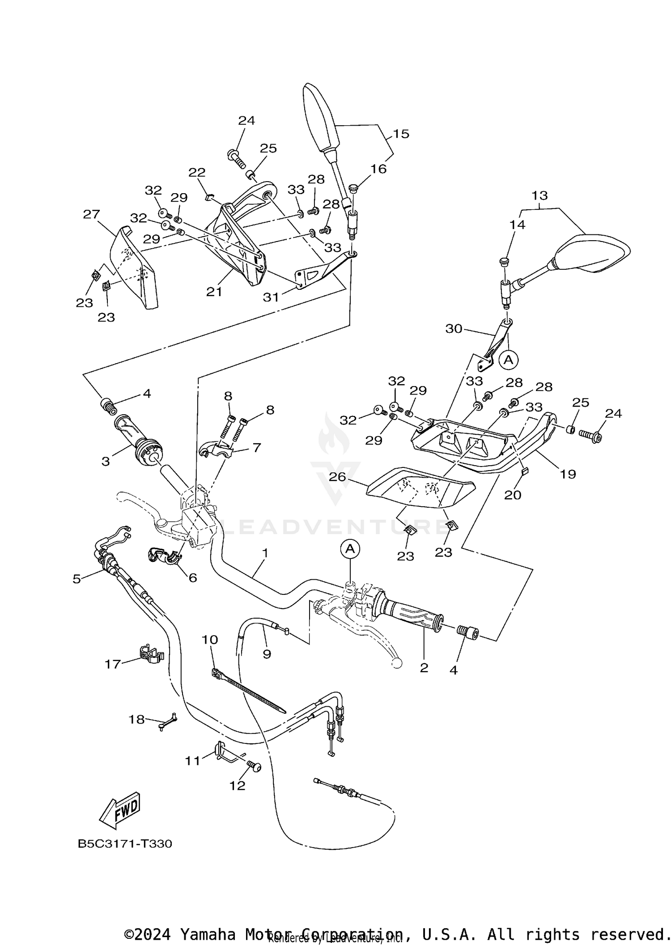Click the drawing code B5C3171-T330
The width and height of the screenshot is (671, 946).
tap(125, 844)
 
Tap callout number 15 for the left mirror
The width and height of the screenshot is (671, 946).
tap(401, 134)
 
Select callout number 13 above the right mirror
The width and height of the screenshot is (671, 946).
tap(539, 195)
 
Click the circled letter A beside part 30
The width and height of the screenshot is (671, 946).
tap(508, 359)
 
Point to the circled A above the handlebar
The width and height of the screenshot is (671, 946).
tap(350, 549)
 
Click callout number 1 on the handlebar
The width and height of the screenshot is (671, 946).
tap(265, 553)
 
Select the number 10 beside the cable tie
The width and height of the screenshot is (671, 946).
tap(210, 640)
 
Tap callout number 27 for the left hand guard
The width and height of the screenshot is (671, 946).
tap(91, 214)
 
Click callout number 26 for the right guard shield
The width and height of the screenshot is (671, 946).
tap(337, 477)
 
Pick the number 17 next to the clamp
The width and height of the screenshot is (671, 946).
tap(113, 664)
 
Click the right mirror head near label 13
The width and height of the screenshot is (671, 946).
tap(593, 255)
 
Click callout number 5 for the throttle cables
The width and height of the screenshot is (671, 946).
tap(77, 579)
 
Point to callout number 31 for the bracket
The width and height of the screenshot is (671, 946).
tap(271, 297)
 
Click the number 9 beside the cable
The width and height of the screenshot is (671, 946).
tap(267, 654)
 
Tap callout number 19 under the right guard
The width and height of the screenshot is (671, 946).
tap(568, 474)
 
